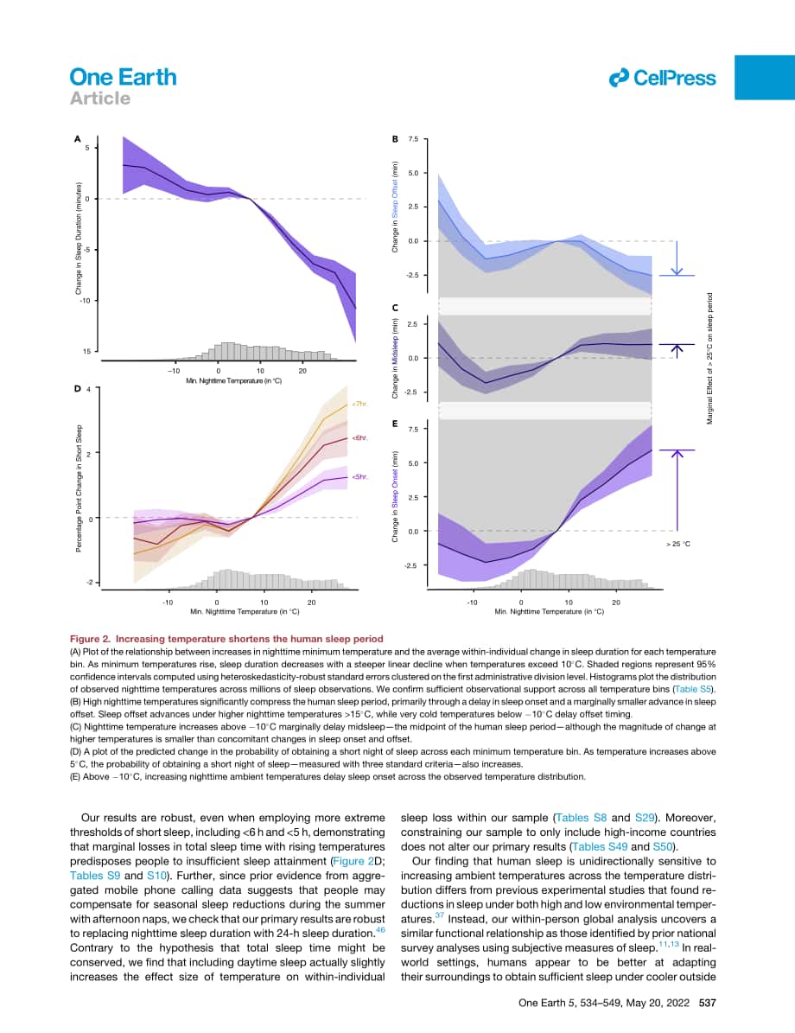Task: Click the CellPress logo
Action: pyautogui.click(x=662, y=79)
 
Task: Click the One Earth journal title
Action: pyautogui.click(x=124, y=77)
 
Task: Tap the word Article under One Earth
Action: pyautogui.click(x=100, y=99)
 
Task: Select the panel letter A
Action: pyautogui.click(x=77, y=139)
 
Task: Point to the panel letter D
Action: pyautogui.click(x=77, y=389)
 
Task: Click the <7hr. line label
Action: pyautogui.click(x=359, y=403)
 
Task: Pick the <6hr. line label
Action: pyautogui.click(x=359, y=437)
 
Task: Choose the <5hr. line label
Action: pyautogui.click(x=359, y=476)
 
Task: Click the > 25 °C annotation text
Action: pyautogui.click(x=677, y=545)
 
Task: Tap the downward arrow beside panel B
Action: pyautogui.click(x=677, y=258)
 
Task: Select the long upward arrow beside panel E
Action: pyautogui.click(x=677, y=490)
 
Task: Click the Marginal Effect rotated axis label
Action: pyautogui.click(x=709, y=359)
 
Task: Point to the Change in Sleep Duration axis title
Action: pyautogui.click(x=79, y=239)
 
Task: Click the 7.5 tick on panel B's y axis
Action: pyautogui.click(x=413, y=139)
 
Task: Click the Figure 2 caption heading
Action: pyautogui.click(x=226, y=638)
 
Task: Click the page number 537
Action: pyautogui.click(x=708, y=1003)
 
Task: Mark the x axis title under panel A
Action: pyautogui.click(x=234, y=381)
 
